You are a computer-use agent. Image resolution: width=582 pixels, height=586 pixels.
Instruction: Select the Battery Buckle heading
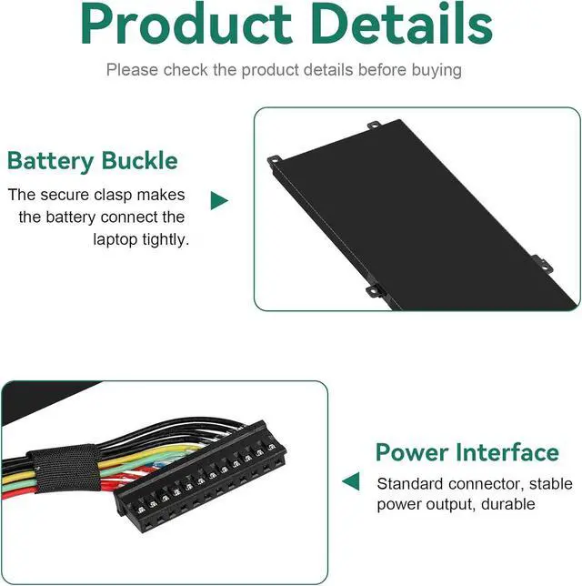(x=92, y=162)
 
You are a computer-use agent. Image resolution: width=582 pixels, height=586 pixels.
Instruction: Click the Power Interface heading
(x=467, y=452)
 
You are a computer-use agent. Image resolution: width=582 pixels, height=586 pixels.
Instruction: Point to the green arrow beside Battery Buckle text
(x=218, y=200)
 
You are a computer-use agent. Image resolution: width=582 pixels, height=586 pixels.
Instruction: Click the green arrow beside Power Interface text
(x=350, y=481)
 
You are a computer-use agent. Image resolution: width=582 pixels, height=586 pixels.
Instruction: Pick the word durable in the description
(x=509, y=504)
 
